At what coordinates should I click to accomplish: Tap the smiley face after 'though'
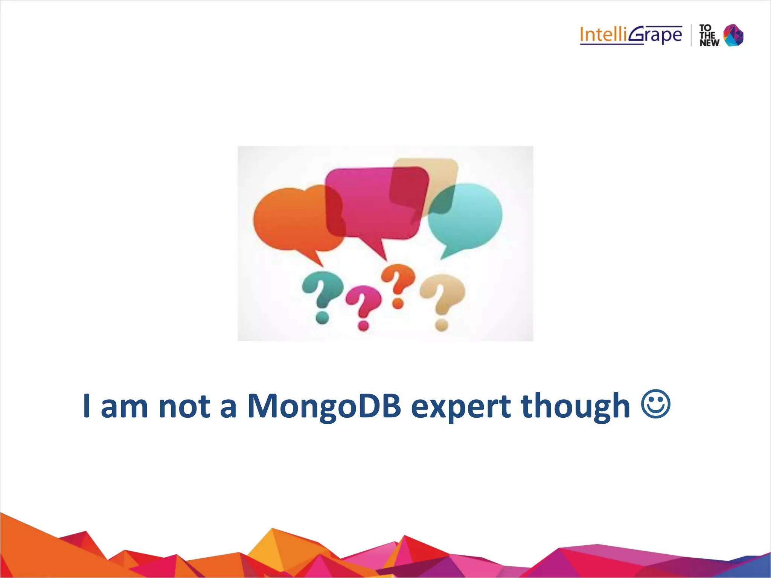(x=655, y=404)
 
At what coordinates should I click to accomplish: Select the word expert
(x=460, y=407)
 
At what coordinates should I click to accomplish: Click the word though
(x=575, y=406)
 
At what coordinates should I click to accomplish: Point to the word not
(x=184, y=406)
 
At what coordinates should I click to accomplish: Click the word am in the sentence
(x=124, y=407)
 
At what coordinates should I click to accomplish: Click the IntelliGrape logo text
(x=631, y=35)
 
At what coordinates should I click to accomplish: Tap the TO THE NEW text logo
(x=709, y=36)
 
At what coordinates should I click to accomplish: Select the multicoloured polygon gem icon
(x=733, y=35)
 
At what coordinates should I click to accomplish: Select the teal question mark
(x=323, y=290)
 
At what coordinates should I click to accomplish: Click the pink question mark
(x=363, y=301)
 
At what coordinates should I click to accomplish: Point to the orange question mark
(x=398, y=280)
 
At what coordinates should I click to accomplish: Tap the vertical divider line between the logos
(x=691, y=35)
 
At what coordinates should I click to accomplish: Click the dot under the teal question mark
(x=322, y=318)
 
